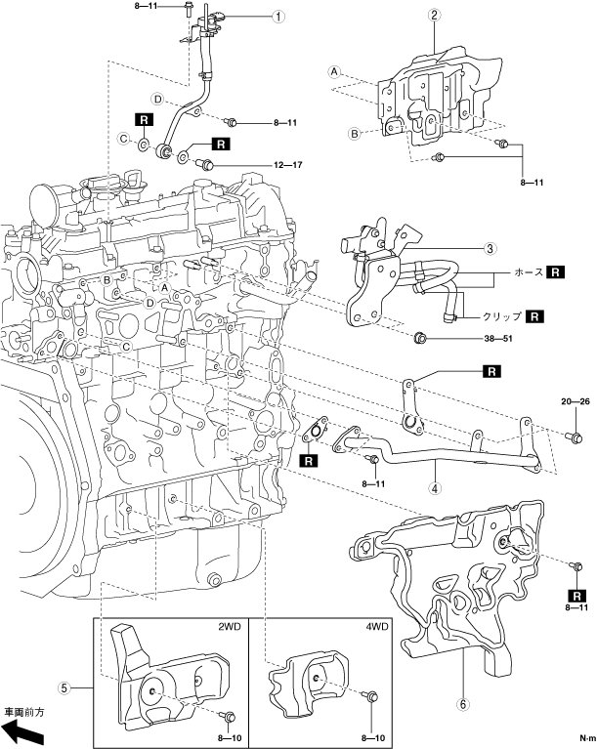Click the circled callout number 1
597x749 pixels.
click(x=278, y=17)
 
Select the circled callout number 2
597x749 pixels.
click(x=434, y=15)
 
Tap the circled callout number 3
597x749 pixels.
click(x=490, y=248)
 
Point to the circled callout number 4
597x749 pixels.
click(x=435, y=488)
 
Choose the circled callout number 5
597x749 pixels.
click(x=64, y=687)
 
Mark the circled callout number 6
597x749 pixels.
click(x=463, y=704)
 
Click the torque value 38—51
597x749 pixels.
click(x=497, y=339)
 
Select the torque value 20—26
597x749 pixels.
click(x=576, y=401)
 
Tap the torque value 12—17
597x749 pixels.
click(x=287, y=165)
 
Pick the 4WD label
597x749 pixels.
click(x=377, y=627)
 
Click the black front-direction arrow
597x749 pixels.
click(x=22, y=731)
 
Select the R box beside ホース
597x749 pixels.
click(x=555, y=271)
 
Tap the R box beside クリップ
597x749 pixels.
click(x=534, y=316)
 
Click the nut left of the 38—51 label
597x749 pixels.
click(x=420, y=338)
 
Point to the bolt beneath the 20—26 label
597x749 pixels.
click(x=574, y=437)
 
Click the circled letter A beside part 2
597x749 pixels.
click(x=334, y=71)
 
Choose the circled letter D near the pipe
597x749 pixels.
click(x=157, y=100)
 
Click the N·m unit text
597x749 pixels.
click(x=586, y=738)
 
